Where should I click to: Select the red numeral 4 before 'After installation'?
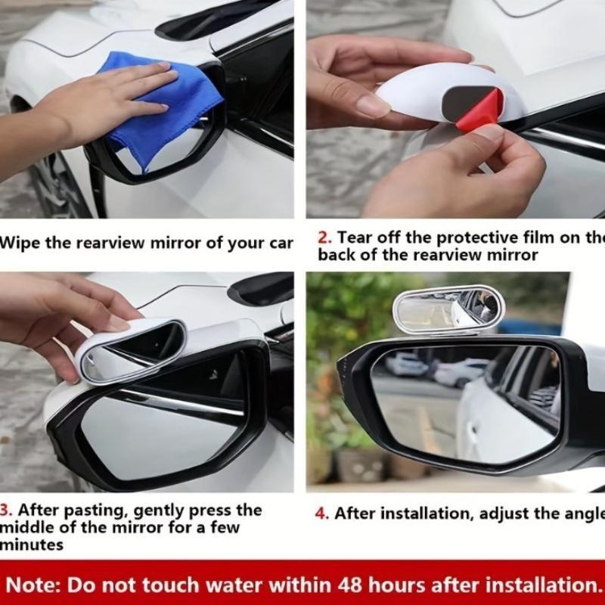(322, 513)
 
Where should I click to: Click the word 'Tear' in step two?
(355, 237)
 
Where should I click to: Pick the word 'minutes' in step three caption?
(32, 544)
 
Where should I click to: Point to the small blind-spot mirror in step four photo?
(448, 309)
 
